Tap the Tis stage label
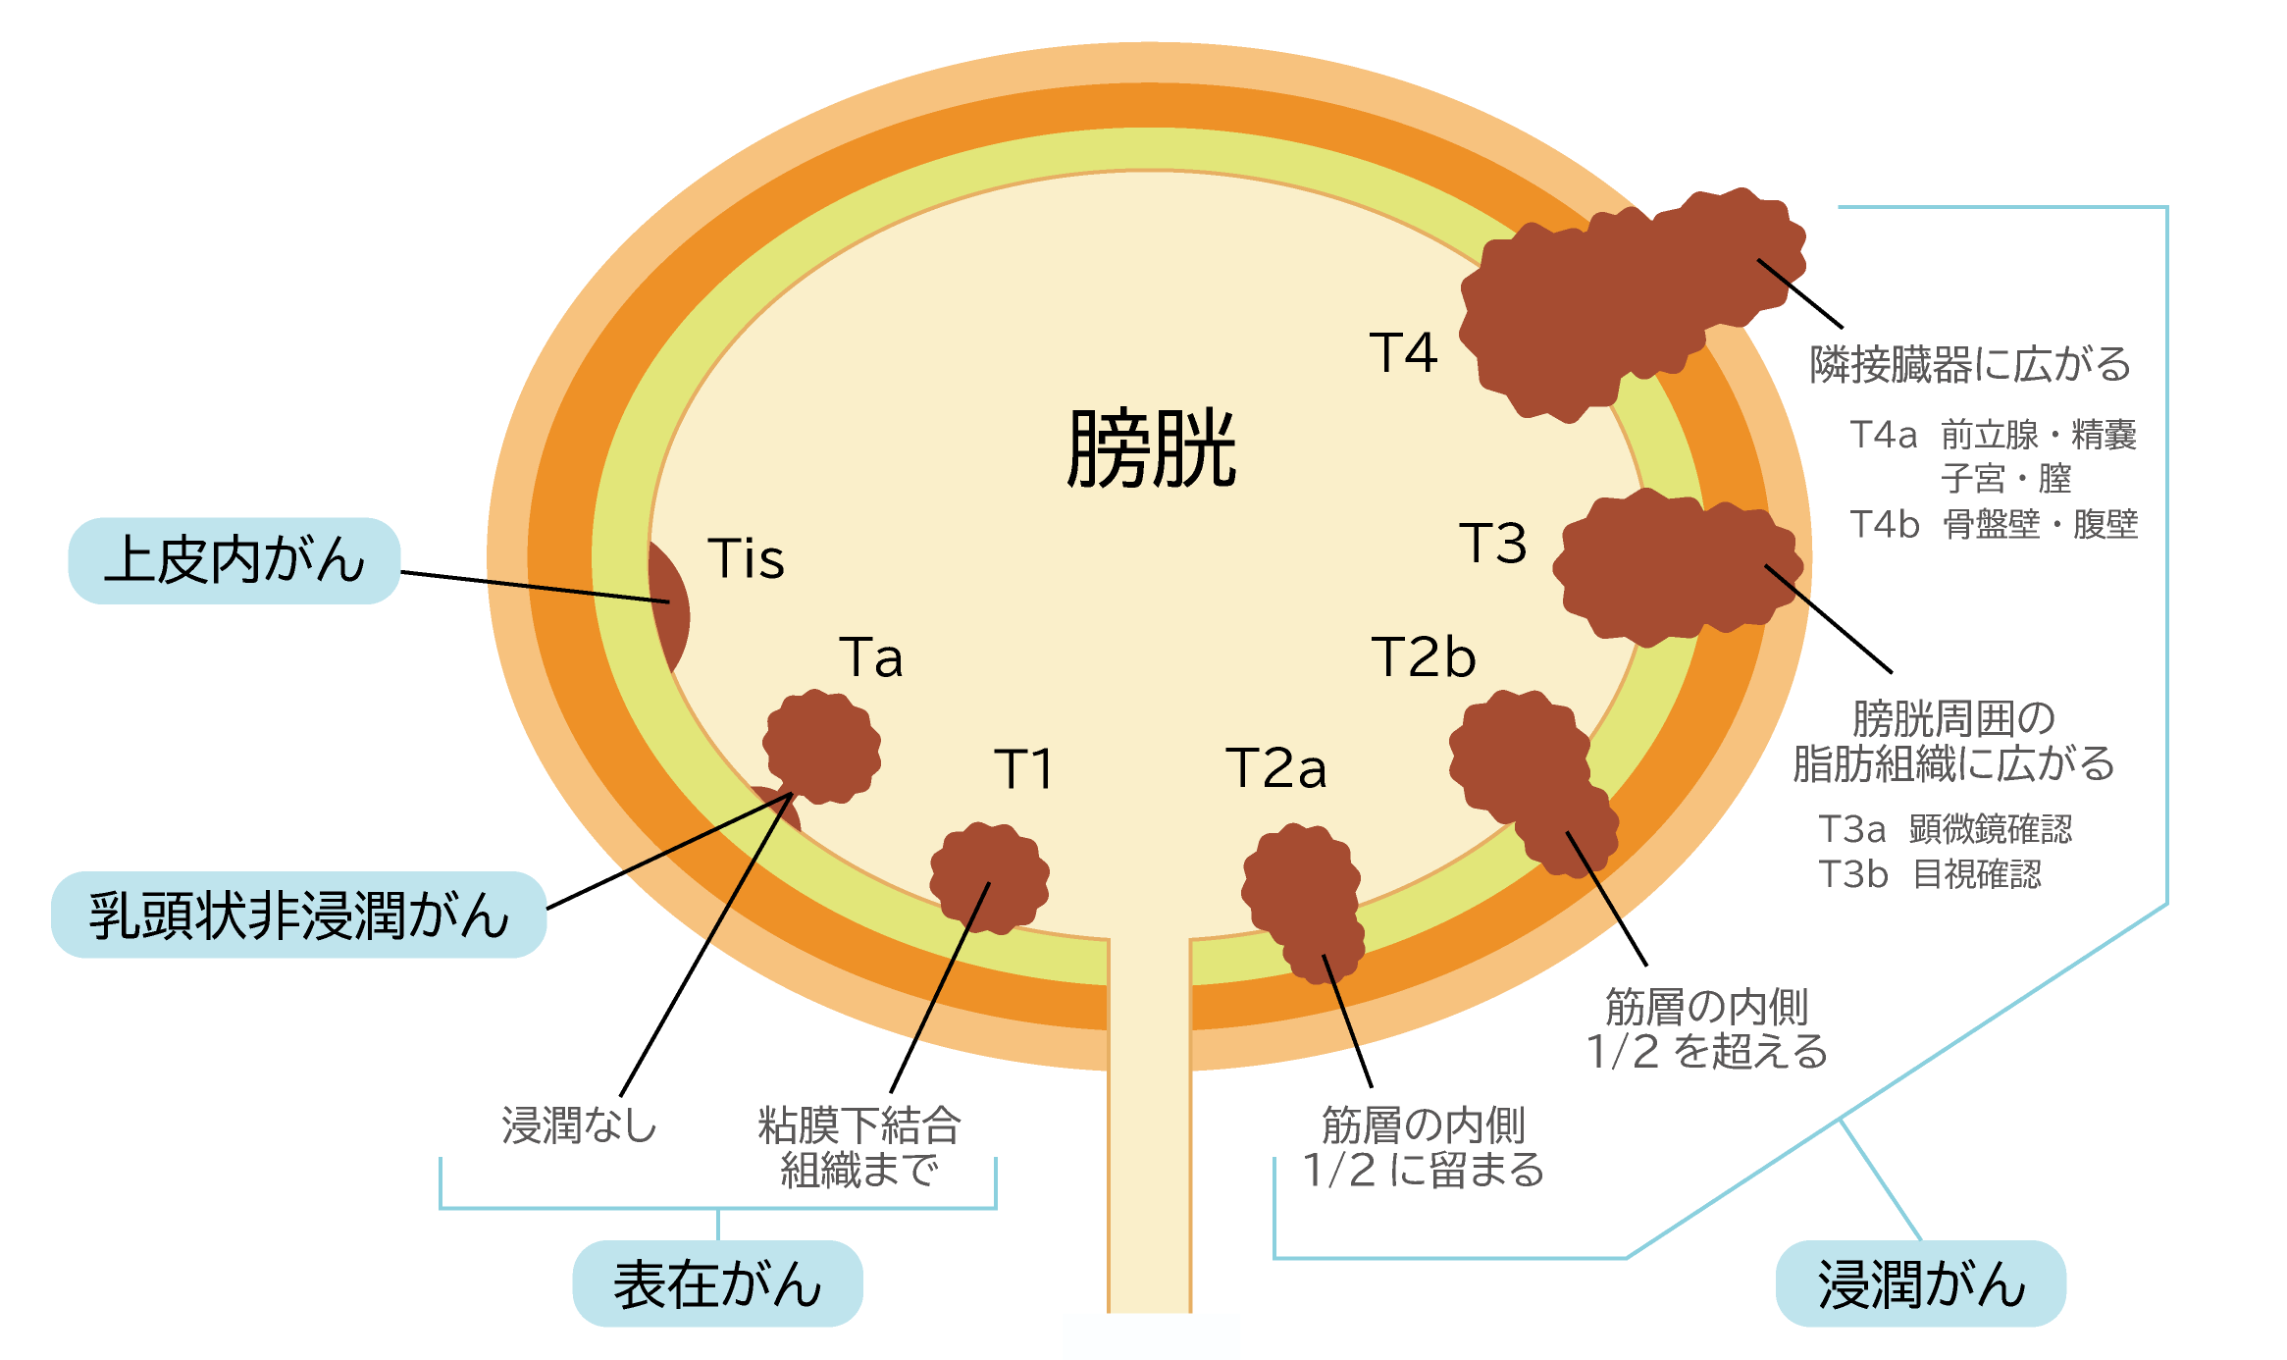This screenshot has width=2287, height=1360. click(746, 559)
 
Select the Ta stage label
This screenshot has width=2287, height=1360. click(870, 657)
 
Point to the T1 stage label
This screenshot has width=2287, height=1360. click(1023, 768)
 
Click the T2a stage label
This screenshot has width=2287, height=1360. click(1275, 768)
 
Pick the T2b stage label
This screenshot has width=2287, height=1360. click(1423, 657)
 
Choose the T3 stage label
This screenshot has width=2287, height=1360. click(1492, 544)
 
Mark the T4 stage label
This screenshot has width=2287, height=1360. click(1403, 353)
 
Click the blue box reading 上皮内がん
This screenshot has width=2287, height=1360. click(234, 560)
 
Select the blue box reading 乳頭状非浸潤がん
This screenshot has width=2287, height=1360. click(298, 915)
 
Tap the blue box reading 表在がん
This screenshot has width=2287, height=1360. click(717, 1283)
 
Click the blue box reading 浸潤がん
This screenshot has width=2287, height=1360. click(1920, 1283)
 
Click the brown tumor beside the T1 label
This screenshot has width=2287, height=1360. click(989, 877)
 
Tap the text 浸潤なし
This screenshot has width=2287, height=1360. click(579, 1125)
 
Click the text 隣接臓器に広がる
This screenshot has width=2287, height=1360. click(1970, 364)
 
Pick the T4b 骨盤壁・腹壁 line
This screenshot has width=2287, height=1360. click(1993, 524)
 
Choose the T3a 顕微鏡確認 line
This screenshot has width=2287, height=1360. click(1945, 829)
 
